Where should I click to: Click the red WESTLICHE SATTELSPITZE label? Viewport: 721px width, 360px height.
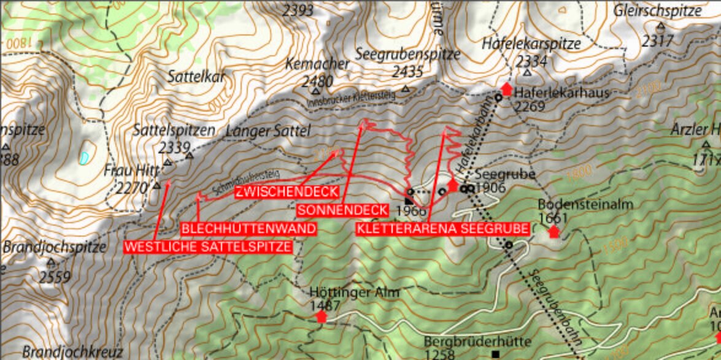[208, 247]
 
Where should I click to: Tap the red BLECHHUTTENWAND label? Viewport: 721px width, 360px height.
[249, 229]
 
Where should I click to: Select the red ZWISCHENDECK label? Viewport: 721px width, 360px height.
[287, 192]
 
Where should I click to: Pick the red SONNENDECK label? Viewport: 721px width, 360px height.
[342, 210]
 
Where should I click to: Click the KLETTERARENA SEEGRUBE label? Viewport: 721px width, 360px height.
[442, 229]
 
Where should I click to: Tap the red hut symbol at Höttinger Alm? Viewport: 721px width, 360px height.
[321, 316]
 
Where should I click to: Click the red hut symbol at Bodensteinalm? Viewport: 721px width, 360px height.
[554, 231]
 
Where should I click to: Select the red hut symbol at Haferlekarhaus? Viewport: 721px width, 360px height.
[506, 88]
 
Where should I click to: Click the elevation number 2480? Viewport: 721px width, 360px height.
[317, 81]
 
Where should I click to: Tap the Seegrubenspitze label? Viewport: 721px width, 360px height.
[407, 54]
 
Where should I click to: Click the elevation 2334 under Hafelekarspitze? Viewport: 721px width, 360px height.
[531, 61]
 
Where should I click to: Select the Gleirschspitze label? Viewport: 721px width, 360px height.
[657, 10]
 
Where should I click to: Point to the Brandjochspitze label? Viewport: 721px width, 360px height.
[55, 248]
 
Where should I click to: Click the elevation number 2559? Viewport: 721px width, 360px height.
[55, 277]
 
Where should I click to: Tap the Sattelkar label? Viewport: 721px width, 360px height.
[196, 76]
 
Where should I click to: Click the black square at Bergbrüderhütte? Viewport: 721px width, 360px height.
[495, 354]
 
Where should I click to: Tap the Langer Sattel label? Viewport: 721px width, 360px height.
[269, 131]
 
